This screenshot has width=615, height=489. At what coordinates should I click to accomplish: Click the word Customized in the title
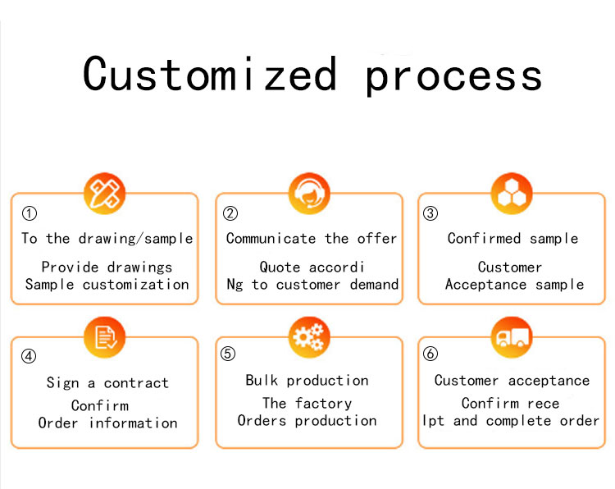210,73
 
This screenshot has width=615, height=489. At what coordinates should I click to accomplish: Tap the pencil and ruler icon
104,193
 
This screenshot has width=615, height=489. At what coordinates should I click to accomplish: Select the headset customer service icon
309,193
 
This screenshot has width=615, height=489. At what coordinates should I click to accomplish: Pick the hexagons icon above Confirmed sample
512,193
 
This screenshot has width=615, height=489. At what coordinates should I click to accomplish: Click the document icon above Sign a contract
104,337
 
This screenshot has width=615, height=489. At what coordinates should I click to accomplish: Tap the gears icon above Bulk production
309,337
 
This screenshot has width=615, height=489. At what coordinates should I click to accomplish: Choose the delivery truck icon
512,337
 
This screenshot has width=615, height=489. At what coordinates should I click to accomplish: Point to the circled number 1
30,213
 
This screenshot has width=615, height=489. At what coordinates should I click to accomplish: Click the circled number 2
230,213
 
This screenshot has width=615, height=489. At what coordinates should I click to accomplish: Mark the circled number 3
430,213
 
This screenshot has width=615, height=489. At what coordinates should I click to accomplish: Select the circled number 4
29,356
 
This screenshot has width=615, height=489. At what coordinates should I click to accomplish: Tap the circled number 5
228,354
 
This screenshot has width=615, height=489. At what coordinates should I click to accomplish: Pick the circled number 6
430,354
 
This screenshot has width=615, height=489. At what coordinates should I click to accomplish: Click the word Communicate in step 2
271,238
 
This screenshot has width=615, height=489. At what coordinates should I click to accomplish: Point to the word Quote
280,267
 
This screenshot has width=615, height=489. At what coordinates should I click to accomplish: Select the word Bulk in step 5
262,380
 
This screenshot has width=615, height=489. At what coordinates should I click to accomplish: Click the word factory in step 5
324,404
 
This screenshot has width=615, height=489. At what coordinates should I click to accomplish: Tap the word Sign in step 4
63,383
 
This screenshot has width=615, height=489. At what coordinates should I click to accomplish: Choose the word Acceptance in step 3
485,285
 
